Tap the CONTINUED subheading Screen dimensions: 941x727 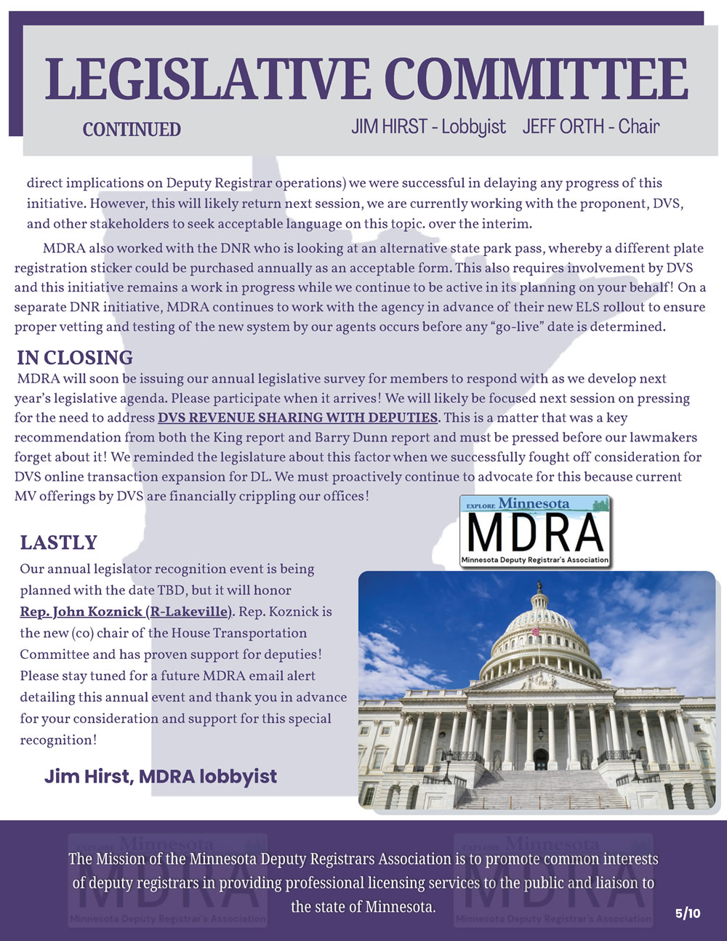[x=132, y=129]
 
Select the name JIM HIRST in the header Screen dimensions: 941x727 [x=389, y=127]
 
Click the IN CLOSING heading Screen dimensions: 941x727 [x=75, y=358]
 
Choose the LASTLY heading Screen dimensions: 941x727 [x=58, y=542]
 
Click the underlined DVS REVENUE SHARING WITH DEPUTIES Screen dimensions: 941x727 [x=298, y=417]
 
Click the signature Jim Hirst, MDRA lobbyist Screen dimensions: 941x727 [x=161, y=776]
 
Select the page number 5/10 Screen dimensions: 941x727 [x=687, y=913]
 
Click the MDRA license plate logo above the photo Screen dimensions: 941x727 [x=535, y=531]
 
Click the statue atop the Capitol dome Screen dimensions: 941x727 [x=539, y=585]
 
